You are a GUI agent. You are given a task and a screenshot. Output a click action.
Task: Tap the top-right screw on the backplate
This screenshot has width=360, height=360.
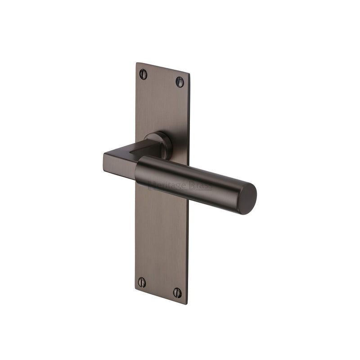click(x=180, y=82)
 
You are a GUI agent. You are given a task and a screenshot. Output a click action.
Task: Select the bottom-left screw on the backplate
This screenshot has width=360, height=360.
click(x=142, y=283)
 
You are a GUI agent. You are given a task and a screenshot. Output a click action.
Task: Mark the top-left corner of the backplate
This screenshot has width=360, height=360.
click(x=137, y=63)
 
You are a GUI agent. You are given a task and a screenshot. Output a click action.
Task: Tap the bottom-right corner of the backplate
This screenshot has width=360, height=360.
click(x=186, y=304)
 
